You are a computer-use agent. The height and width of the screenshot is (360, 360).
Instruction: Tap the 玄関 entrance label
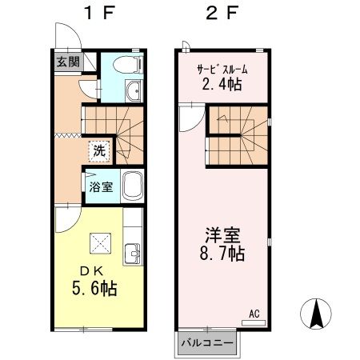click(x=67, y=61)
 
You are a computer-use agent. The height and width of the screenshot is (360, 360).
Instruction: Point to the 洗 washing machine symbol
click(x=99, y=149)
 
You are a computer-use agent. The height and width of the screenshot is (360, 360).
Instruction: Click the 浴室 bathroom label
click(x=100, y=186)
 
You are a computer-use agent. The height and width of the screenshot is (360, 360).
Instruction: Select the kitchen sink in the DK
click(x=132, y=256)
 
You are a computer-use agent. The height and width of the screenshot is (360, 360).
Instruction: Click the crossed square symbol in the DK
click(x=99, y=241)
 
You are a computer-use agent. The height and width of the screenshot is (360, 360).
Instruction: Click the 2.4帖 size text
click(x=221, y=82)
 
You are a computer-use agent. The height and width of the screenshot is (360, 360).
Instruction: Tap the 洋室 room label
click(x=223, y=238)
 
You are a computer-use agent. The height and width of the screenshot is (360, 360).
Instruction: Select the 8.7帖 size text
click(x=223, y=255)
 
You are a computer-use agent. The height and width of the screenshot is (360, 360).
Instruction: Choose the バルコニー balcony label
click(x=206, y=343)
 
